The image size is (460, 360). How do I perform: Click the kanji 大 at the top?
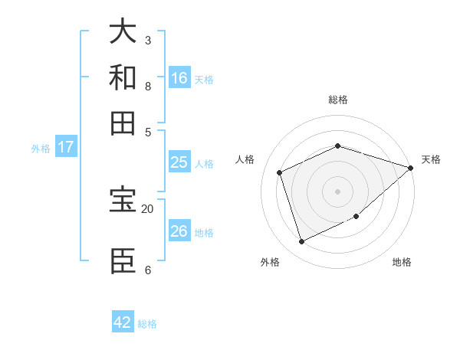[x=123, y=32]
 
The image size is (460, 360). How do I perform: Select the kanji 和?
[x=123, y=77]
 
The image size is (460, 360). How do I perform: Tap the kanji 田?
[x=123, y=123]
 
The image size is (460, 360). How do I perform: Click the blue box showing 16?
[x=179, y=78]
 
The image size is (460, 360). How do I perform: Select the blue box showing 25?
[x=179, y=162]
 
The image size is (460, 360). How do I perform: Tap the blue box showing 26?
[x=179, y=231]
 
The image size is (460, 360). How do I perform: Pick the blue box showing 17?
[x=66, y=147]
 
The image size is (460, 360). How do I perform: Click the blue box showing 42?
[x=123, y=322]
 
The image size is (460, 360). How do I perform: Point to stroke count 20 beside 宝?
[x=147, y=208]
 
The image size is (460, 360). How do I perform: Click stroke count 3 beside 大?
[x=147, y=40]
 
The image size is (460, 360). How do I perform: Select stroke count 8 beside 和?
[x=147, y=86]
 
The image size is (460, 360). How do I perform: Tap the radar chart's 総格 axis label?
[x=337, y=100]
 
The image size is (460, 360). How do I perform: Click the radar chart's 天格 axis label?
[x=431, y=159]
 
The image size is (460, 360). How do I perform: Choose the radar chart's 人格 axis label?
[x=245, y=159]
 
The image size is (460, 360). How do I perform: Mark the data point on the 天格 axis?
[x=410, y=168]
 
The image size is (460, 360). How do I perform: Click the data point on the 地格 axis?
[x=357, y=218]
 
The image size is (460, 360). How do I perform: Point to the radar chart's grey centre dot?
[x=337, y=191]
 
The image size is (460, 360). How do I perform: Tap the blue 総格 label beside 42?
[x=147, y=324]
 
